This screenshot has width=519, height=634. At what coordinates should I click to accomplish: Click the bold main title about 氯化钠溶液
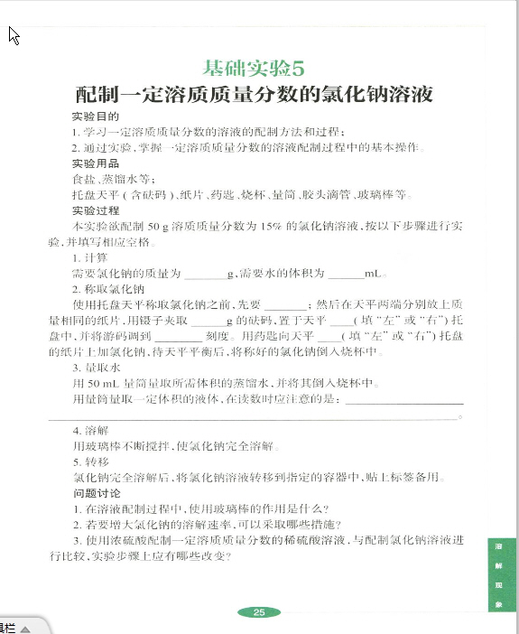coord(256,94)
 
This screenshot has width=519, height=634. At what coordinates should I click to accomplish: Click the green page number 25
coord(259,612)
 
